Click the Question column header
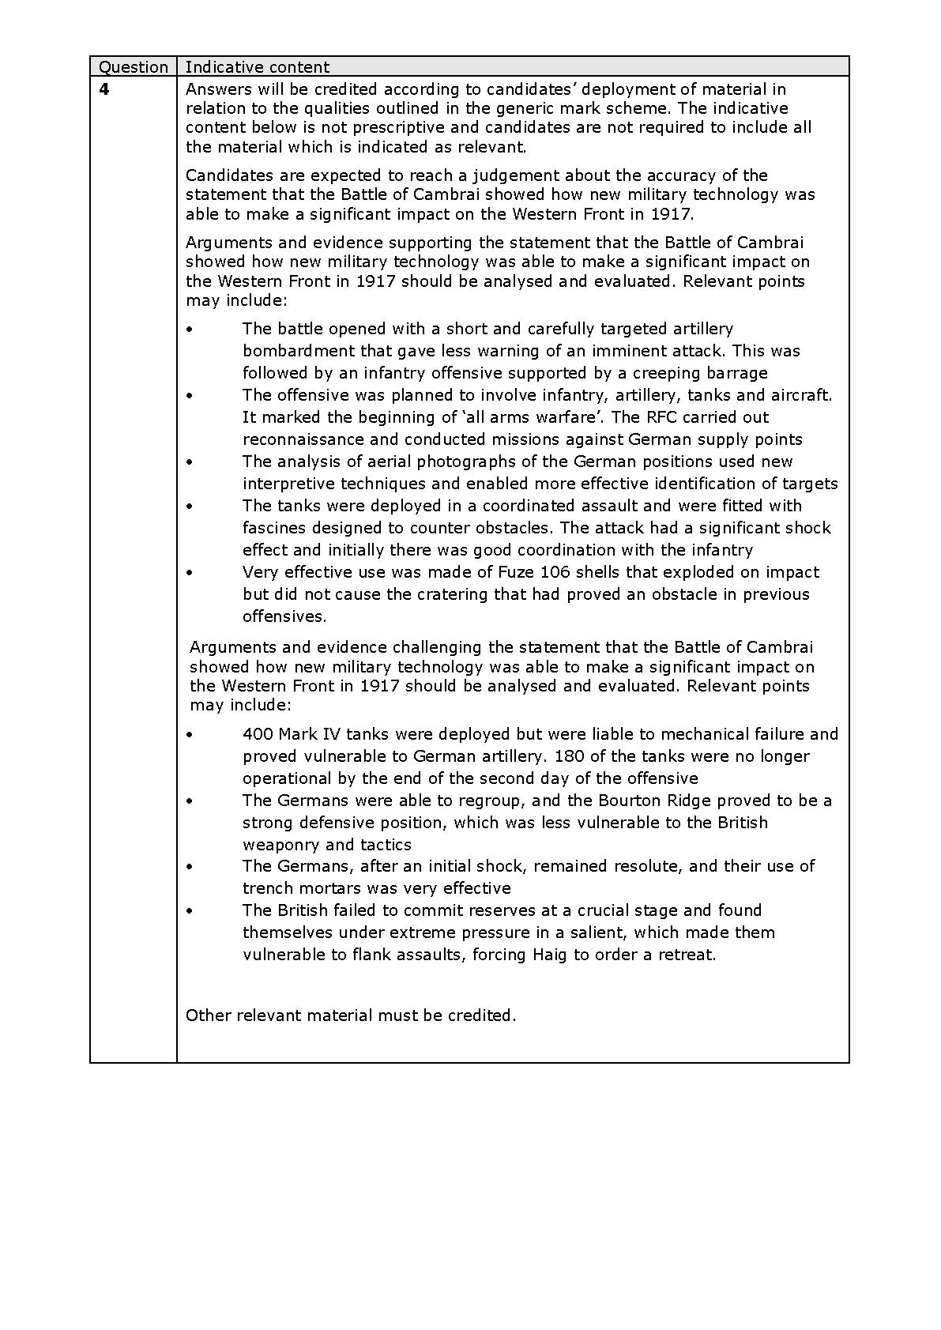(x=133, y=67)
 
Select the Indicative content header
(x=257, y=67)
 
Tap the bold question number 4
(x=104, y=89)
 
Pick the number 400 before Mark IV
(x=258, y=734)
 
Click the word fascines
(x=276, y=528)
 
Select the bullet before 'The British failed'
(x=189, y=911)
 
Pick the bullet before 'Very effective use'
(x=189, y=573)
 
